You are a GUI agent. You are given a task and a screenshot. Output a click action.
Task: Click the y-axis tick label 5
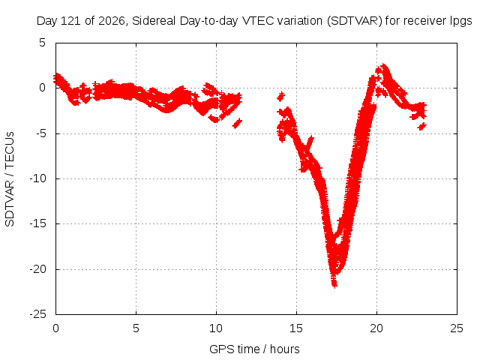(x=42, y=43)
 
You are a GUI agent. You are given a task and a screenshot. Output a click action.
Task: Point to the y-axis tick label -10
(x=37, y=178)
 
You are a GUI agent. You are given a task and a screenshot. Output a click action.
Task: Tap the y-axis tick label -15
(x=37, y=223)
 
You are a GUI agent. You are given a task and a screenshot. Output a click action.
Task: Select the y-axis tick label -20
(x=37, y=269)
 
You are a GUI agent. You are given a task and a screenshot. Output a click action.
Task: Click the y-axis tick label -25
(x=37, y=314)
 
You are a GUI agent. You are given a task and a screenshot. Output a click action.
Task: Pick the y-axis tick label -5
(x=40, y=133)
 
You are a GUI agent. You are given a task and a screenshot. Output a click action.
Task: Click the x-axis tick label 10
(x=216, y=328)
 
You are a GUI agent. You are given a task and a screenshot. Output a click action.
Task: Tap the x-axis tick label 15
(x=296, y=328)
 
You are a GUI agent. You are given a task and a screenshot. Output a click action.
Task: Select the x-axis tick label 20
(x=376, y=328)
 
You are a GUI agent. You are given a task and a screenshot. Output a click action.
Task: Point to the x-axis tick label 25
(x=457, y=328)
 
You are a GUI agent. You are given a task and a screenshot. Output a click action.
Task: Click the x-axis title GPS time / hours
(x=254, y=349)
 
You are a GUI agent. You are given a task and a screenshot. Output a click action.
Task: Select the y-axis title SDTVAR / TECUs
(x=10, y=179)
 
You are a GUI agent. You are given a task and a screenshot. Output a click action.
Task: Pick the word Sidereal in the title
(x=154, y=21)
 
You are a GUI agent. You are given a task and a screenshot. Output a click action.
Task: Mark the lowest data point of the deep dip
(x=334, y=286)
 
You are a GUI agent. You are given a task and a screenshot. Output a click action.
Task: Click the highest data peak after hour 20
(x=383, y=66)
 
